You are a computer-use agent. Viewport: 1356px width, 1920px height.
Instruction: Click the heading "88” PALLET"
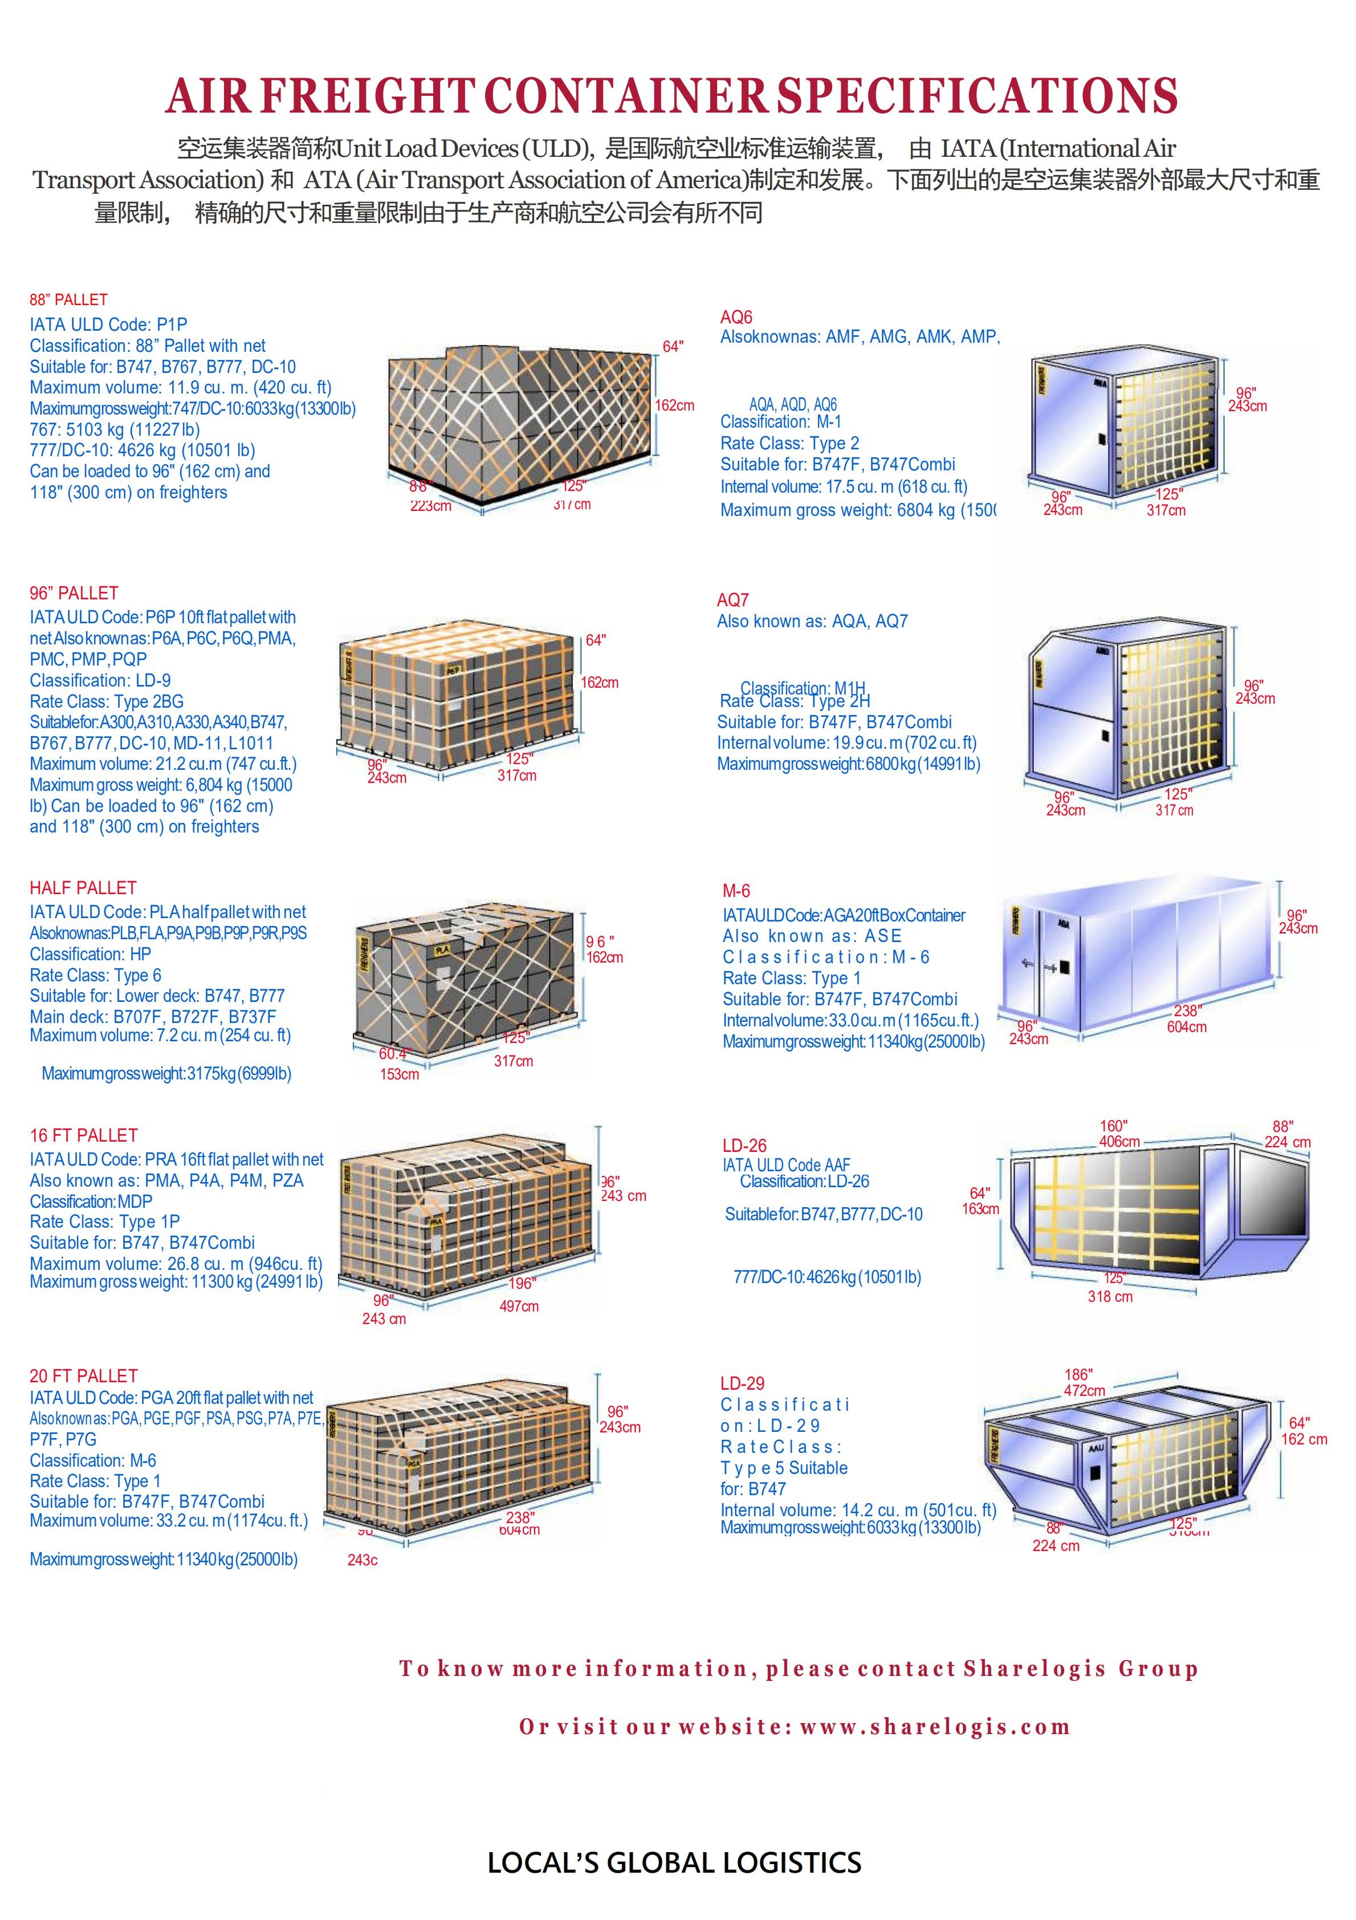point(68,300)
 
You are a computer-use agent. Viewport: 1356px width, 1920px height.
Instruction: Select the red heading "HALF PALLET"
point(83,888)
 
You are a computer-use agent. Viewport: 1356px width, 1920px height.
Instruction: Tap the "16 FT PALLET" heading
point(84,1135)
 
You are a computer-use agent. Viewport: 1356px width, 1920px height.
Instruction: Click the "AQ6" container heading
point(736,318)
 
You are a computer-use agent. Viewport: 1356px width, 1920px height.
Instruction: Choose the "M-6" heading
point(736,891)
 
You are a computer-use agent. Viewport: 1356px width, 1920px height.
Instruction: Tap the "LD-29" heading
point(742,1384)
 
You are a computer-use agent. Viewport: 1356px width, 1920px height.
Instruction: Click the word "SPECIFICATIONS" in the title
point(978,96)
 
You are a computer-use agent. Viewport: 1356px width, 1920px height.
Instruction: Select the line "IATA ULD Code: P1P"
point(109,324)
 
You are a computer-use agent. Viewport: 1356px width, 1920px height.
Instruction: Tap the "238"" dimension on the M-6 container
point(1187,1011)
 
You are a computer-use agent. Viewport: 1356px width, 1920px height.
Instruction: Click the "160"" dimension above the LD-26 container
point(1114,1126)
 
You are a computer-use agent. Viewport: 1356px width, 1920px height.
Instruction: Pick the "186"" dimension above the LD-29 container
point(1078,1375)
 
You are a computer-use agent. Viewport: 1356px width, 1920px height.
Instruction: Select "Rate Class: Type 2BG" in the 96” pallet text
point(106,701)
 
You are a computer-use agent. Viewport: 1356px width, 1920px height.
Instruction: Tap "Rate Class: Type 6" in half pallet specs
point(95,975)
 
